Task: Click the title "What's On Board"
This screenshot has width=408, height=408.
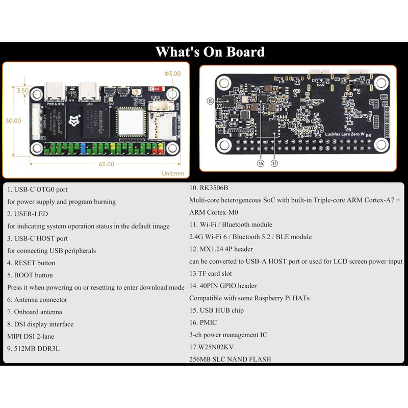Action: pyautogui.click(x=210, y=52)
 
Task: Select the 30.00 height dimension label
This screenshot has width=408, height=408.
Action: pyautogui.click(x=13, y=121)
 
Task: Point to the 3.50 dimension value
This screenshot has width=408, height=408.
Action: pyautogui.click(x=22, y=90)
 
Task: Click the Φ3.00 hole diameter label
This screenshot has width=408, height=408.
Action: pyautogui.click(x=172, y=73)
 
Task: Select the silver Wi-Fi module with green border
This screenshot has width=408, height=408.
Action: pyautogui.click(x=131, y=122)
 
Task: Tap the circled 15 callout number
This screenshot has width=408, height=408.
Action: pyautogui.click(x=210, y=101)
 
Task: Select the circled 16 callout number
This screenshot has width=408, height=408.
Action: pyautogui.click(x=261, y=163)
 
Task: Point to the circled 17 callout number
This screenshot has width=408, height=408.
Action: pyautogui.click(x=274, y=163)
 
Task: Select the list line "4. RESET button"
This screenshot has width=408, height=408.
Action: pyautogui.click(x=31, y=263)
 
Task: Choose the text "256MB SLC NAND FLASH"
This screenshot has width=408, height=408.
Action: pyautogui.click(x=230, y=359)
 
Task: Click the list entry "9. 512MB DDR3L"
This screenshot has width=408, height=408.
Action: pyautogui.click(x=33, y=349)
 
